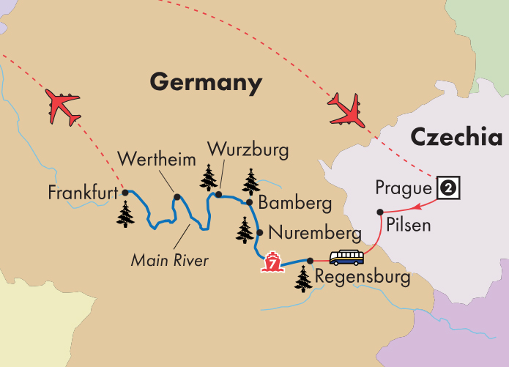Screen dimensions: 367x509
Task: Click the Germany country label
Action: point(206,82)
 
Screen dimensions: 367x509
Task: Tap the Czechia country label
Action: point(457,137)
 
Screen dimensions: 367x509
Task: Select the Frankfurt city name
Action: point(83,194)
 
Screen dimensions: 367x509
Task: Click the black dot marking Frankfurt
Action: point(125,193)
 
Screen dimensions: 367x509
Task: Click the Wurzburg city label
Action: point(248,150)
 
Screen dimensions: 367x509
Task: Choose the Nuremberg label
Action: point(315,234)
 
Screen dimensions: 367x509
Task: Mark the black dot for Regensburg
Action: point(310,260)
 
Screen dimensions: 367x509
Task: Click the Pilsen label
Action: point(409,225)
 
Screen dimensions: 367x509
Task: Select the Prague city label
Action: point(404,188)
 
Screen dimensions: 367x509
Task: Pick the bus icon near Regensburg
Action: point(346,258)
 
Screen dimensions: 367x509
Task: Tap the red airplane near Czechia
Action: point(346,109)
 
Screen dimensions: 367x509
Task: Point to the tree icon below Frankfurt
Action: point(126,215)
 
